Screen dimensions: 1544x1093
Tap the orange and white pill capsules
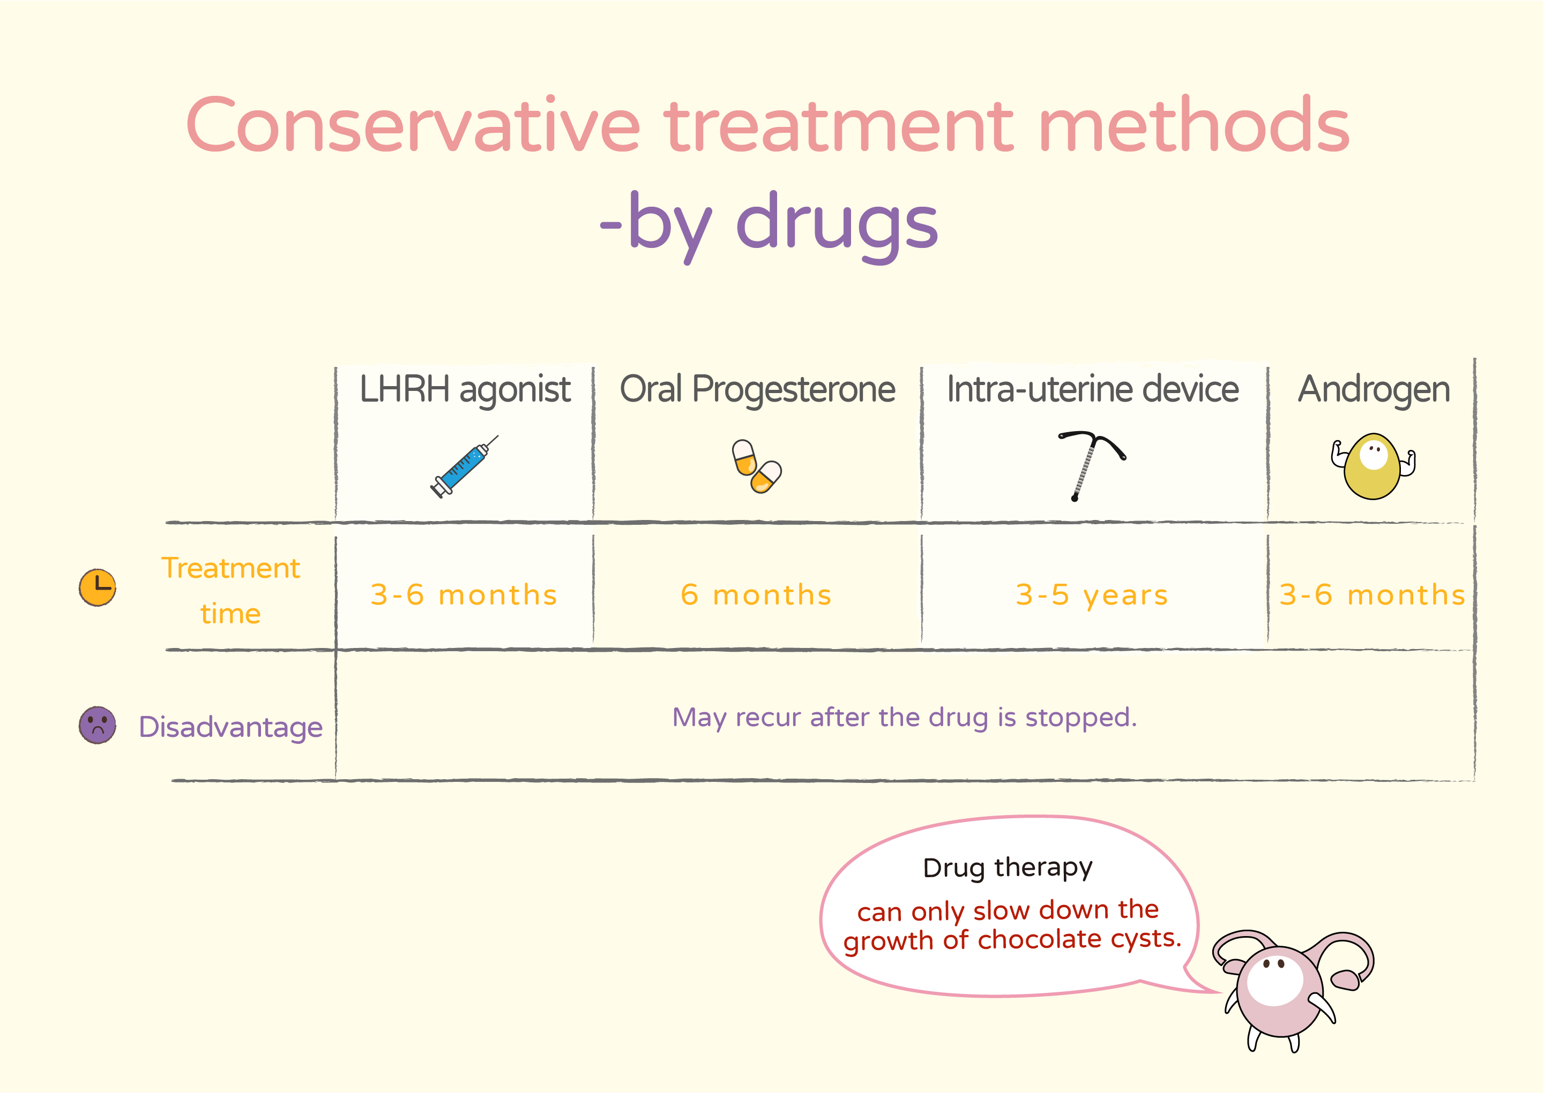[757, 466]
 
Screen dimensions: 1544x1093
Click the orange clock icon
[98, 587]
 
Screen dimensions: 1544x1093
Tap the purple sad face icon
[98, 725]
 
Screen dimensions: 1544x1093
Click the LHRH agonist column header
[465, 390]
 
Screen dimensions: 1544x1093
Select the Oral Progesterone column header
[757, 390]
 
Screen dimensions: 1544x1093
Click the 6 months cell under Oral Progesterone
[756, 595]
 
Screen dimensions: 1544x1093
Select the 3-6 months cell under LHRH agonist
[464, 595]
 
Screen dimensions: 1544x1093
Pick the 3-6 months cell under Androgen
[1373, 595]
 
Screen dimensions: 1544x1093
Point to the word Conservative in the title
[413, 125]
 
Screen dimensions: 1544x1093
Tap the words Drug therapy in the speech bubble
[1008, 868]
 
